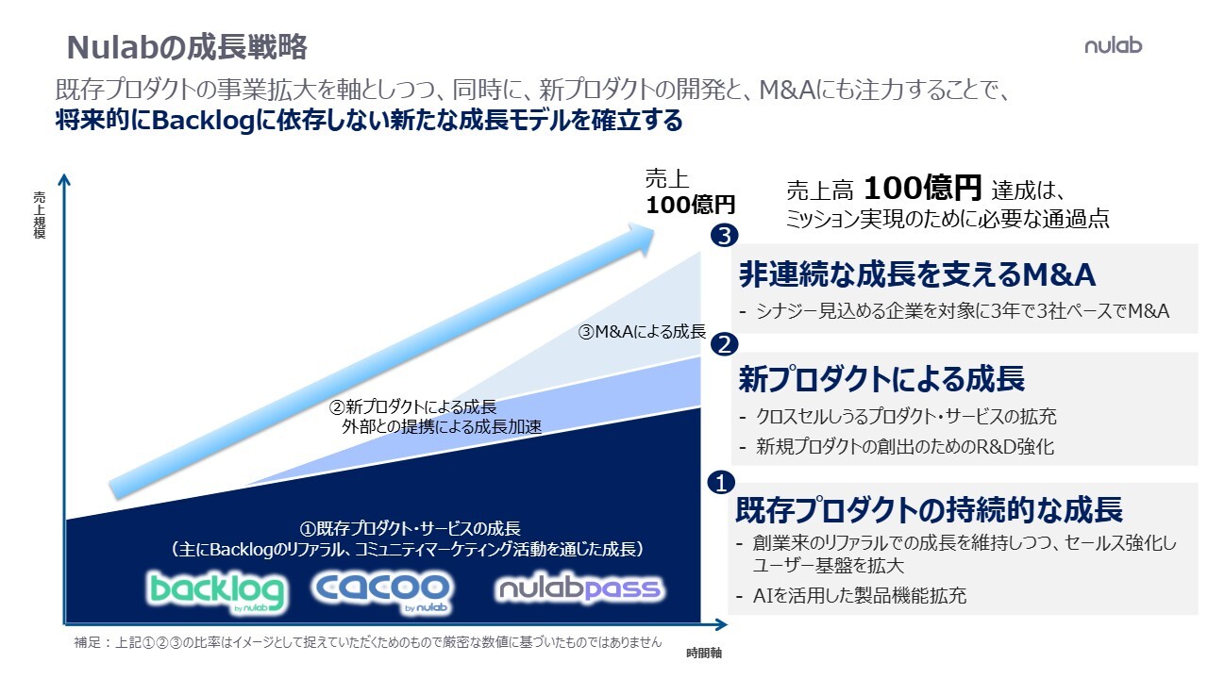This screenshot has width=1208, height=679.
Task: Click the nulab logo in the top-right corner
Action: pyautogui.click(x=1113, y=45)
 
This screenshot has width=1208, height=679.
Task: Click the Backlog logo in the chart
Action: pyautogui.click(x=216, y=592)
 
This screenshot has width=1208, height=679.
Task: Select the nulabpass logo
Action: pyautogui.click(x=579, y=588)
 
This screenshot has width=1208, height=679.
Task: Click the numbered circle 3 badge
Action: pyautogui.click(x=724, y=236)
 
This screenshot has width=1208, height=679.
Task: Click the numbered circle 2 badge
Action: pyautogui.click(x=724, y=344)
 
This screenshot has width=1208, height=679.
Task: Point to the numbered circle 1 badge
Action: pyautogui.click(x=721, y=482)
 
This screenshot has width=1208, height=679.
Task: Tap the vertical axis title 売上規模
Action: pyautogui.click(x=40, y=214)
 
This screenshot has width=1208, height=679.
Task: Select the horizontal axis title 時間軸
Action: pyautogui.click(x=704, y=654)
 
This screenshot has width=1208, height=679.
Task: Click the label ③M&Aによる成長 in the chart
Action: pyautogui.click(x=642, y=331)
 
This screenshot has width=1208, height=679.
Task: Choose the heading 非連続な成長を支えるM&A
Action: pyautogui.click(x=916, y=274)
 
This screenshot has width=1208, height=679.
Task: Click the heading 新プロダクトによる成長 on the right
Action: pyautogui.click(x=881, y=378)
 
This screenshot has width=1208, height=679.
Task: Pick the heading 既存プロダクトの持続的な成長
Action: pyautogui.click(x=929, y=509)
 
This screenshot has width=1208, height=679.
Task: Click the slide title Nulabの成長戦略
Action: pyautogui.click(x=187, y=47)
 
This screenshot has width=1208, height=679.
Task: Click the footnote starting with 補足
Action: pyautogui.click(x=367, y=642)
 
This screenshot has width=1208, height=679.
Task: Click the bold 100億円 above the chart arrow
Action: pyautogui.click(x=690, y=205)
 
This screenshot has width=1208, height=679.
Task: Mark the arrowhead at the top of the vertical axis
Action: pyautogui.click(x=64, y=178)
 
